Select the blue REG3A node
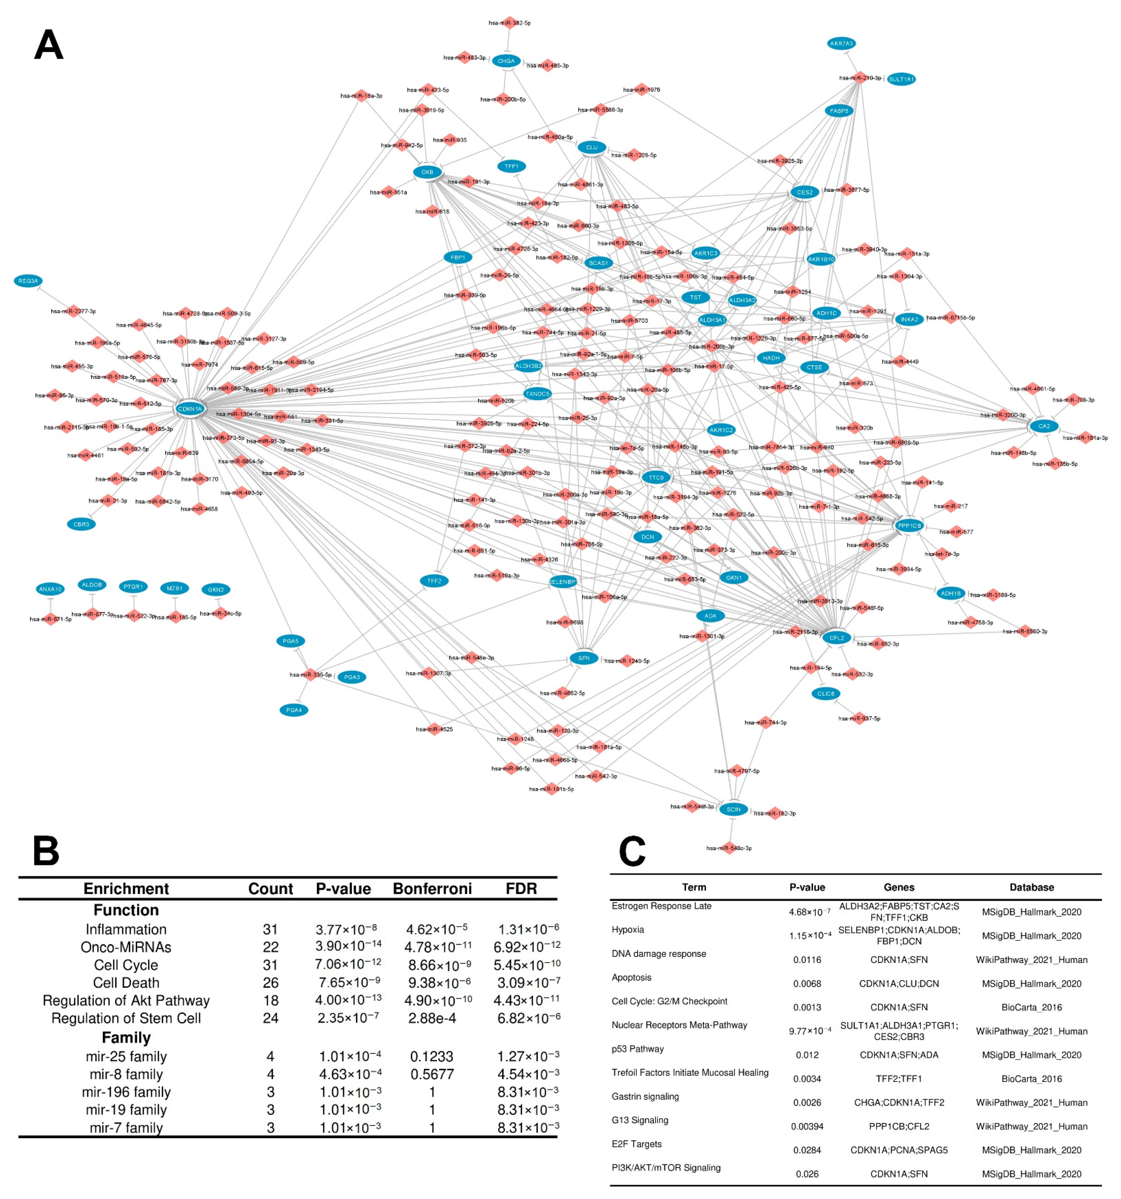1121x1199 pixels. (28, 281)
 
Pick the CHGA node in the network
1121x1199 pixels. (506, 61)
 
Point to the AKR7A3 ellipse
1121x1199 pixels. (841, 43)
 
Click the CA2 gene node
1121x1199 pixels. (1044, 426)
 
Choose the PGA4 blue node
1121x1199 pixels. (294, 710)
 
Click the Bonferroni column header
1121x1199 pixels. (432, 888)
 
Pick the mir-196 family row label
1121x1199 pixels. (126, 1092)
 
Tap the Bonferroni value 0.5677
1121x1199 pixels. (432, 1074)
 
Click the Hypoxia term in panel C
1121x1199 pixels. (627, 929)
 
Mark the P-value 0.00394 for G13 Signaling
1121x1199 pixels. (807, 1127)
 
